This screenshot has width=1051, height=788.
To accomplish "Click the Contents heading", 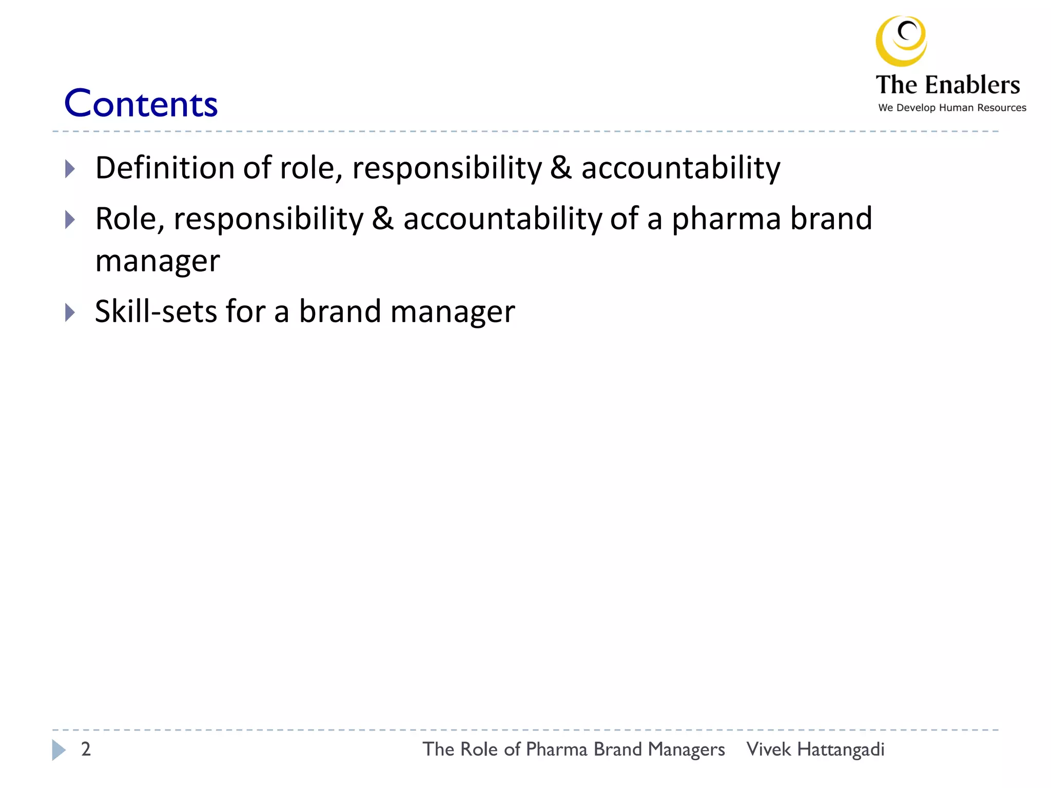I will (x=141, y=104).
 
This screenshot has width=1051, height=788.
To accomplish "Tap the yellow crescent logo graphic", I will (x=901, y=41).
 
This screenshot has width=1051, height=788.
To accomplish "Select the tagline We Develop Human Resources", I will (x=952, y=108).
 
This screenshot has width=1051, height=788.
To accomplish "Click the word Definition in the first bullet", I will (x=165, y=168).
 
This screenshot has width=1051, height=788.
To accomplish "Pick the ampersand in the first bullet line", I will (x=560, y=168).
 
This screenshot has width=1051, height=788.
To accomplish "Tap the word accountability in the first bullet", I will (x=680, y=168).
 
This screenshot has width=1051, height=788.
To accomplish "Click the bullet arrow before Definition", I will (x=70, y=168).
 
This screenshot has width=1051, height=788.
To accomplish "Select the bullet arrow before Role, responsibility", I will (x=70, y=220).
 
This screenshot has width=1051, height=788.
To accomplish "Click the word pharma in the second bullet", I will (x=726, y=219).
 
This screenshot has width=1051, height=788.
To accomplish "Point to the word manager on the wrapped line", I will (x=158, y=261).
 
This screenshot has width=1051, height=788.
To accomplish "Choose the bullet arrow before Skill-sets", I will (x=70, y=312).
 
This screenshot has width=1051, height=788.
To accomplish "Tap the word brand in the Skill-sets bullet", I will (x=340, y=311).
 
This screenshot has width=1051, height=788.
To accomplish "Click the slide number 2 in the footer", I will (x=86, y=749).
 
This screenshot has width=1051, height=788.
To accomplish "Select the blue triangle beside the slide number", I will (x=59, y=750).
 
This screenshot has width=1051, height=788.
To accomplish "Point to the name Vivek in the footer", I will (x=768, y=750).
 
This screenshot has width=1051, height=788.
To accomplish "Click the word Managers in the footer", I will (x=686, y=750).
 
